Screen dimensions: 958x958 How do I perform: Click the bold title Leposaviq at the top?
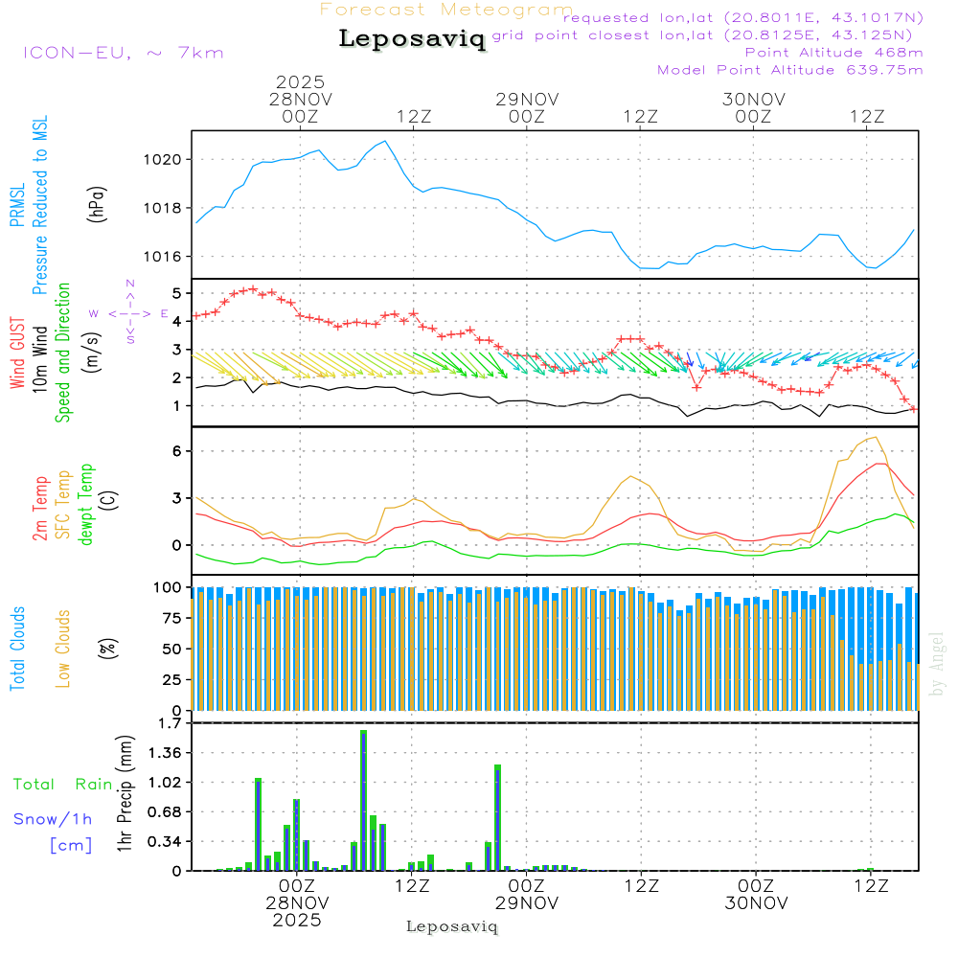click(412, 40)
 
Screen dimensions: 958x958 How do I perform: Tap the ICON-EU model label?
click(123, 53)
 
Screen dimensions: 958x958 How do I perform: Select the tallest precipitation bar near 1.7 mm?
click(364, 800)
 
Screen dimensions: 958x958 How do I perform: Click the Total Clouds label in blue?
click(17, 649)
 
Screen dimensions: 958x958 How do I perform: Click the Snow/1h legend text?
click(54, 819)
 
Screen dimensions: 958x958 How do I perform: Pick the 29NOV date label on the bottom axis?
click(527, 902)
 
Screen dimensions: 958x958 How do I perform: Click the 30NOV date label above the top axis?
click(754, 100)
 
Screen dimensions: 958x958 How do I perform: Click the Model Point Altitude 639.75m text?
click(790, 70)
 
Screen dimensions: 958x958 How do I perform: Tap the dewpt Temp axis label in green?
click(86, 505)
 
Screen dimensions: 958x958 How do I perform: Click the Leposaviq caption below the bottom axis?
click(452, 926)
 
